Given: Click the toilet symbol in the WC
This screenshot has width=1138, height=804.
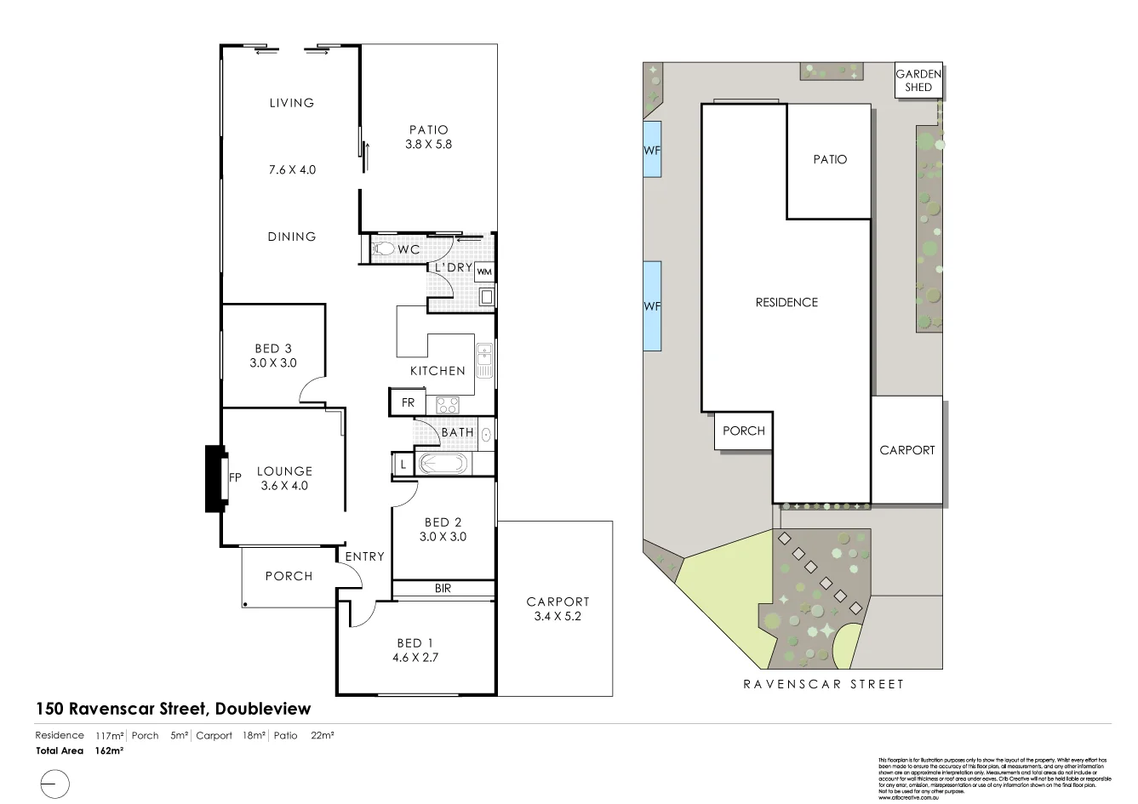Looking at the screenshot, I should point(383,249).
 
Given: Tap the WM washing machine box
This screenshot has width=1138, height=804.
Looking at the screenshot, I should point(484,272).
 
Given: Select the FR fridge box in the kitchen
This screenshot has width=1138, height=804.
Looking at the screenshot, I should point(408,402).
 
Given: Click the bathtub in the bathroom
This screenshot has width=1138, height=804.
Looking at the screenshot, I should point(442,465).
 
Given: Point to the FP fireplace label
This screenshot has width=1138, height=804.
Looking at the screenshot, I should point(236,478).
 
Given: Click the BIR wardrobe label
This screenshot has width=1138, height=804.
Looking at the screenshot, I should point(443,589).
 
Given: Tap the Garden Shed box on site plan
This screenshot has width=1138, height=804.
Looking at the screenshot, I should point(918,81).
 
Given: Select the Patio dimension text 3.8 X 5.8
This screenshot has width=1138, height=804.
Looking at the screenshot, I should point(428,145).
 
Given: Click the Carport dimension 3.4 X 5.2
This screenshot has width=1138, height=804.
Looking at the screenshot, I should point(558,616).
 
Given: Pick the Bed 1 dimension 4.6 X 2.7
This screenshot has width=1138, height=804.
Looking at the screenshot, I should point(415,658).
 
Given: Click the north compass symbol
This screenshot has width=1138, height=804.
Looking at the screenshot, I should point(54,783).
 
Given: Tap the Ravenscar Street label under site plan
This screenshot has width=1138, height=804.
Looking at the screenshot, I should point(823,684).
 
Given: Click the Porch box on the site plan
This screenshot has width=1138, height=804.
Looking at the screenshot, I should point(743,431).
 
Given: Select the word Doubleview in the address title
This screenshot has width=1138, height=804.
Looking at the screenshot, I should point(263,709).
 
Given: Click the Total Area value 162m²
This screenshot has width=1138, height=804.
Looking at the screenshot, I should point(111,751).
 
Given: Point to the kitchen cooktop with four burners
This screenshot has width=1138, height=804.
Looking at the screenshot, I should point(447,405).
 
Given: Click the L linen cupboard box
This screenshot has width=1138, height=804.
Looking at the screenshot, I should point(403,465).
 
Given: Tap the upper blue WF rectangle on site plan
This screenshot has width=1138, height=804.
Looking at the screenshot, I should point(652,149).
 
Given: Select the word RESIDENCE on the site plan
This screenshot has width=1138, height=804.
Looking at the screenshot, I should point(786,302).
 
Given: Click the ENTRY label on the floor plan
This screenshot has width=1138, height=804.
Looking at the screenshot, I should point(364,556).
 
